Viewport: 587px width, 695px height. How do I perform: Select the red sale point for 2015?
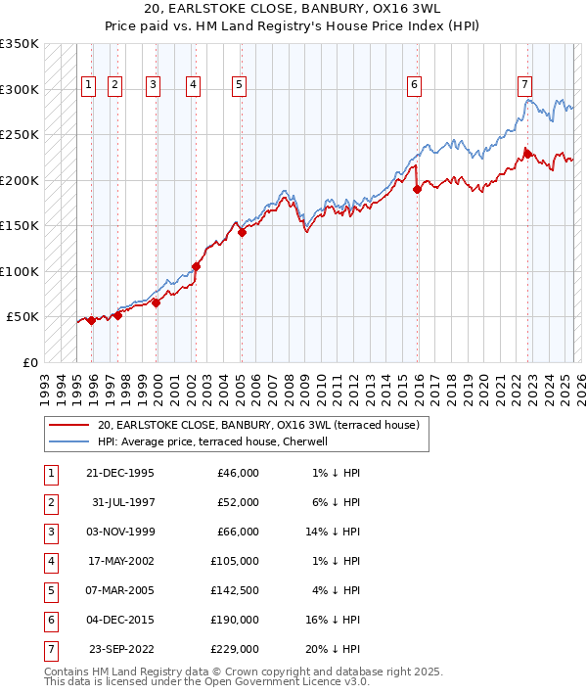point(417,189)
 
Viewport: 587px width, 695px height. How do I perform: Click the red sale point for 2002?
point(197,266)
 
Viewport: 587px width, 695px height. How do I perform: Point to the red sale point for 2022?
point(526,153)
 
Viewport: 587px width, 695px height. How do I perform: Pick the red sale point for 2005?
point(242,232)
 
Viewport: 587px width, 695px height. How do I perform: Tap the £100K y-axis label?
point(20,271)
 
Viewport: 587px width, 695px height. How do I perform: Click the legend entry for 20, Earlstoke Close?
point(258,425)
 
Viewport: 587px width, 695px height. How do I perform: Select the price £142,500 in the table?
point(237,590)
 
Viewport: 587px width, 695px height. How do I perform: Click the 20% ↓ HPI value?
point(339,649)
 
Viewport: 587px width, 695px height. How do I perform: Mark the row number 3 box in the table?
point(49,532)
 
